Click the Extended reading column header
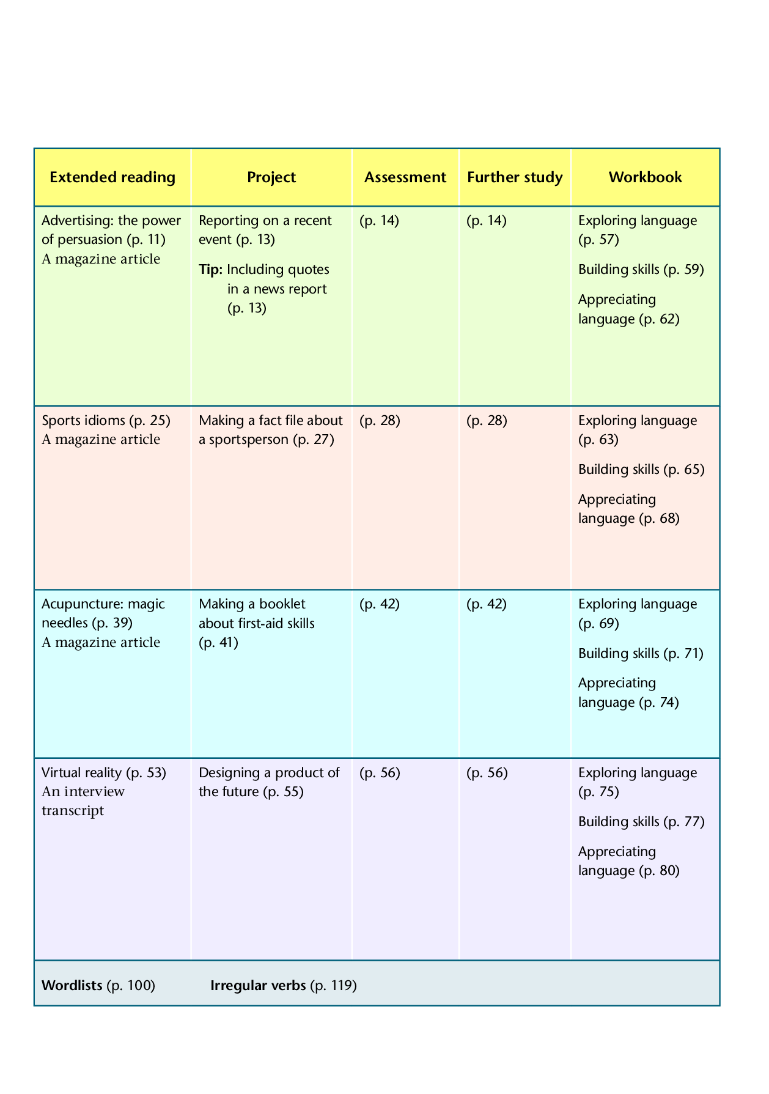pyautogui.click(x=112, y=177)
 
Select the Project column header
pyautogui.click(x=271, y=177)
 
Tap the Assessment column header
pyautogui.click(x=405, y=177)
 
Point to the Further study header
pyautogui.click(x=515, y=177)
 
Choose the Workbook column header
pyautogui.click(x=645, y=177)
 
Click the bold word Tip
pyautogui.click(x=211, y=270)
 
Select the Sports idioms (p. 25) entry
pyautogui.click(x=106, y=420)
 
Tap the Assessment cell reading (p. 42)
pyautogui.click(x=380, y=604)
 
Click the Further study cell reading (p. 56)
pyautogui.click(x=487, y=773)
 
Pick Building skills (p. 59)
pyautogui.click(x=641, y=270)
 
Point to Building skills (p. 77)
pyautogui.click(x=641, y=822)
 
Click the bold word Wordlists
pyautogui.click(x=72, y=985)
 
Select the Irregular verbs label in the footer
pyautogui.click(x=258, y=985)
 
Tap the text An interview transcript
pyautogui.click(x=83, y=801)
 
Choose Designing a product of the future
pyautogui.click(x=269, y=782)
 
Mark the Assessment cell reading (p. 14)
pyautogui.click(x=379, y=221)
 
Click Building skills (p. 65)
pyautogui.click(x=641, y=470)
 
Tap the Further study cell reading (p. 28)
pyautogui.click(x=487, y=421)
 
